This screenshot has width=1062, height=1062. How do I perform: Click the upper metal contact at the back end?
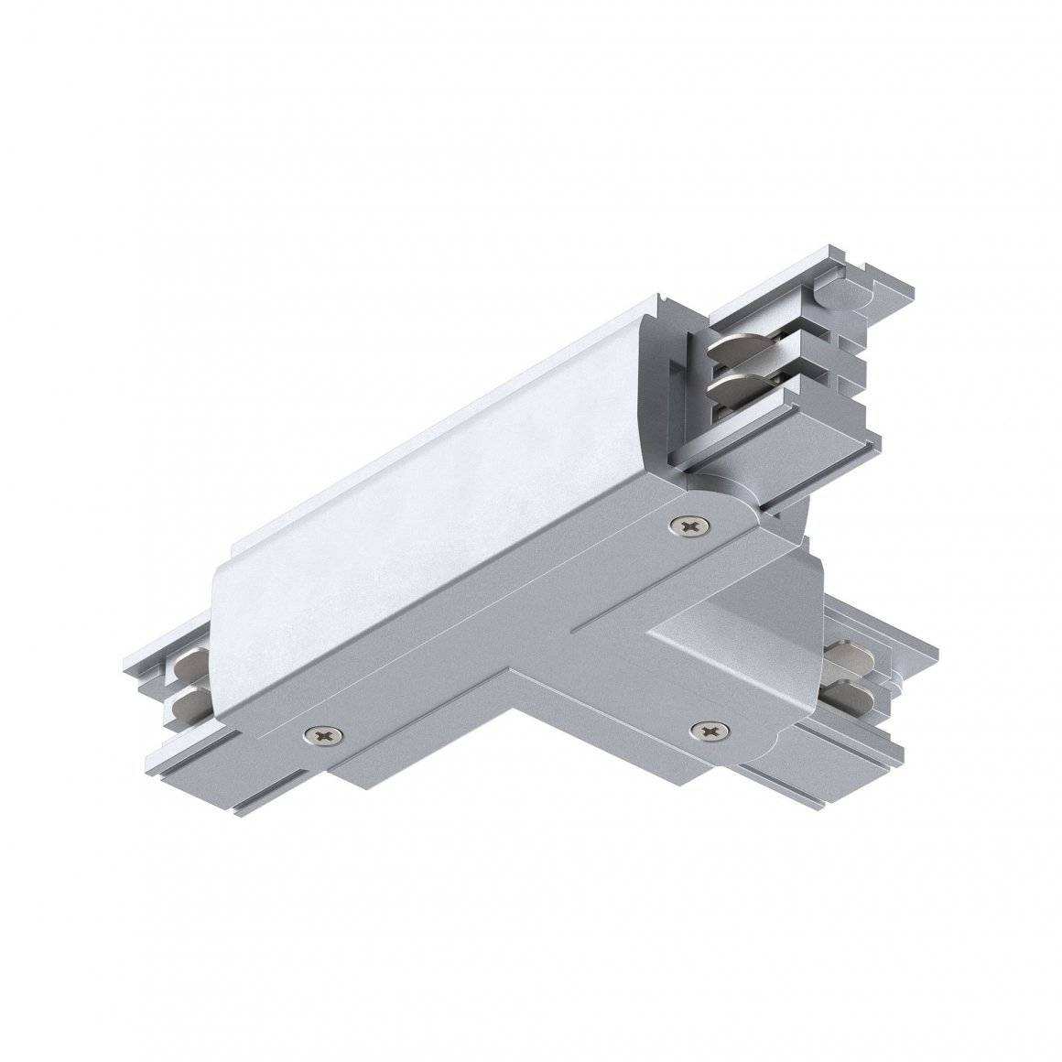[x=740, y=352]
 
